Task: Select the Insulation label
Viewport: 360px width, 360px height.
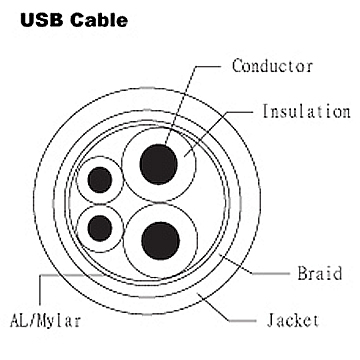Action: pyautogui.click(x=306, y=111)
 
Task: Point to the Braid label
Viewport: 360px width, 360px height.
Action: pyautogui.click(x=320, y=271)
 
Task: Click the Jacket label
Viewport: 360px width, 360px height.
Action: pyautogui.click(x=293, y=320)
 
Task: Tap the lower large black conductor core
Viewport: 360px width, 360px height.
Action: pyautogui.click(x=160, y=239)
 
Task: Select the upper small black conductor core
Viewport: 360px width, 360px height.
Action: pyautogui.click(x=101, y=180)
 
